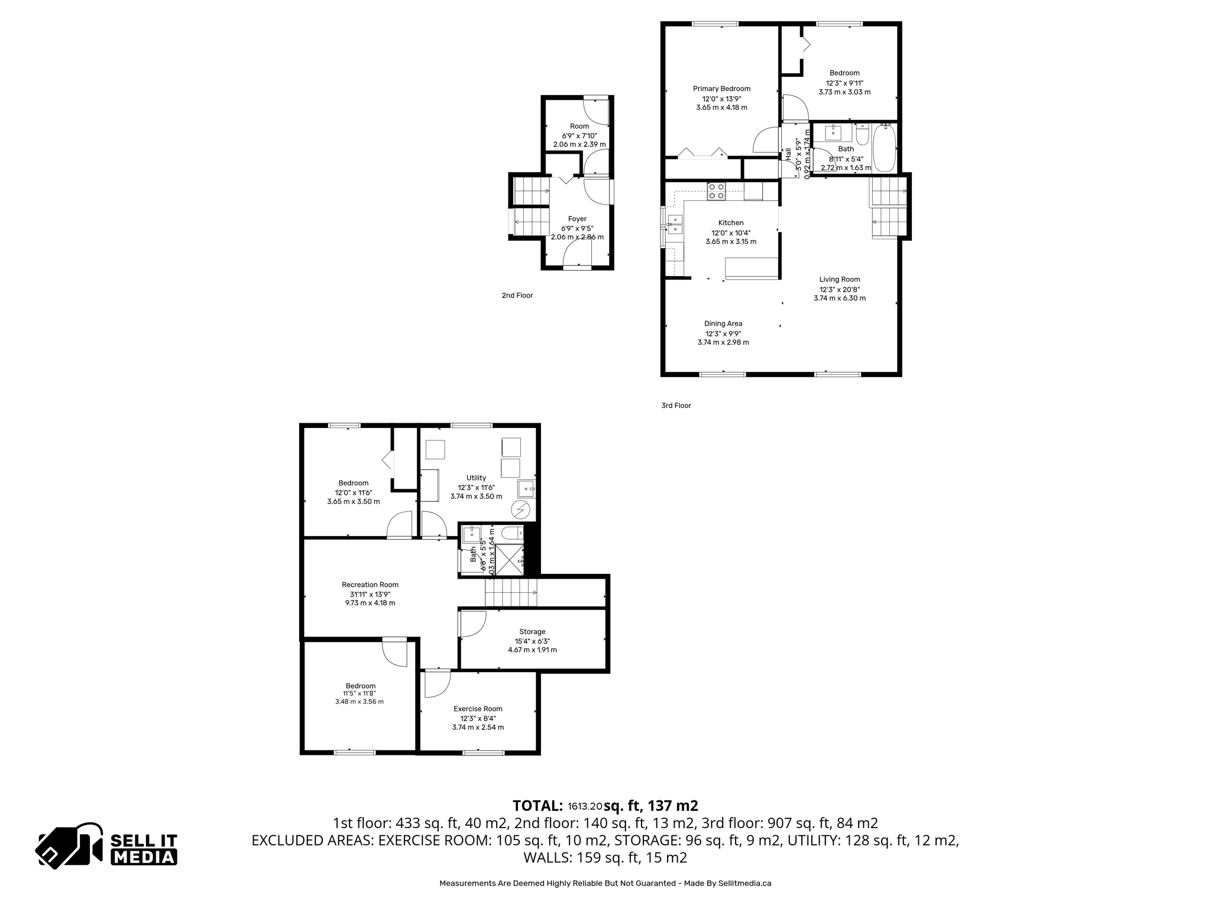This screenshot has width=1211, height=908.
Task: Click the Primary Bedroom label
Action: pos(721,89)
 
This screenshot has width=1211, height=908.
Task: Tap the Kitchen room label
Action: pos(731,223)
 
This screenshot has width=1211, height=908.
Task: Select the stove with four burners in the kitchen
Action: pos(716,192)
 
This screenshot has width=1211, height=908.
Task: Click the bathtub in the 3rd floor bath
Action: pos(885,148)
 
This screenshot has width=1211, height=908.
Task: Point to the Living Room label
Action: pos(840,280)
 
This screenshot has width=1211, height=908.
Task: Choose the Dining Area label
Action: pos(723,323)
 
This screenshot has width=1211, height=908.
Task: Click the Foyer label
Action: pos(577,219)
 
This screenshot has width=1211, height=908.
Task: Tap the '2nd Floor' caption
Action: pos(517,296)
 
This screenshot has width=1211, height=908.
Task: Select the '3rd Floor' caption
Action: pos(676,406)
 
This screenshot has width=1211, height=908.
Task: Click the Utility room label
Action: pos(476,478)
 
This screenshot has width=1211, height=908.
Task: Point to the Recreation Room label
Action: pos(370,585)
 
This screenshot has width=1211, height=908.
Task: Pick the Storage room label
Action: pos(532,631)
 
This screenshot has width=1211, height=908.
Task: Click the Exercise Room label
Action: pos(478,709)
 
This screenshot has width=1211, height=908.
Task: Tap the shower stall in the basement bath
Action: pos(509,560)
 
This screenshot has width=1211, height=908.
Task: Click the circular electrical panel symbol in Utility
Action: pos(520,509)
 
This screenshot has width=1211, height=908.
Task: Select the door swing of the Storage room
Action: pos(471,624)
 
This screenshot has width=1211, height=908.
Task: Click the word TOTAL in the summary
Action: pos(537,806)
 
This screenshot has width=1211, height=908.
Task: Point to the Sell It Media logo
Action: pos(107,846)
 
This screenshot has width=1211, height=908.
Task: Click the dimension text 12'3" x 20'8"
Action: pos(840,290)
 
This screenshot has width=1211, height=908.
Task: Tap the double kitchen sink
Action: pos(675,225)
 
